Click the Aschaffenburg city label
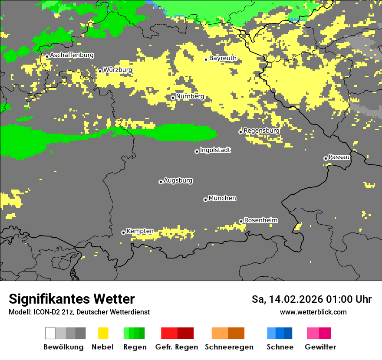pos(72,55)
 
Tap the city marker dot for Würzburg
pos(100,71)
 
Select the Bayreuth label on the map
pos(223,58)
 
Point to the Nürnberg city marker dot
pos(173,98)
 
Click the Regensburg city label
pos(261,131)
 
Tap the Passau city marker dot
pos(326,158)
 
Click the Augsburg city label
pos(178,180)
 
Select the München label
pos(222,198)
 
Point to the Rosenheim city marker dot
pos(241,222)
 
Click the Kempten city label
pos(140,231)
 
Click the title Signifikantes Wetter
pos(72,299)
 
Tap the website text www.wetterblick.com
pos(313,312)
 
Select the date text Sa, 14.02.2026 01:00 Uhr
pos(311,299)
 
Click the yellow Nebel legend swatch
pos(103,333)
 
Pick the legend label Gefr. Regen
pos(177,347)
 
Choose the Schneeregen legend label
pos(229,347)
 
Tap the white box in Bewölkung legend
pos(50,333)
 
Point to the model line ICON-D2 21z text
pos(79,312)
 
